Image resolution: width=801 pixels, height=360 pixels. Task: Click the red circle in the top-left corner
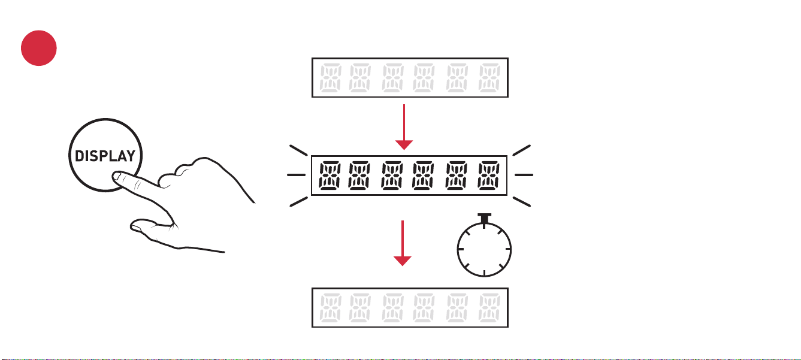point(38,48)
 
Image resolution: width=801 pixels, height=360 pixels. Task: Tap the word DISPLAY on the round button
point(105,156)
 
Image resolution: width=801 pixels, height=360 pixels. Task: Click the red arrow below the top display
point(404,127)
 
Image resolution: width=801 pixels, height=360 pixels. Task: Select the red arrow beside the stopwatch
point(403,243)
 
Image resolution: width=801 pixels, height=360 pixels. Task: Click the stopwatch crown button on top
point(484,219)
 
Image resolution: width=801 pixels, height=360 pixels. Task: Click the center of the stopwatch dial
point(484,250)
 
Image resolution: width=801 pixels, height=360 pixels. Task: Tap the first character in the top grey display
point(330,78)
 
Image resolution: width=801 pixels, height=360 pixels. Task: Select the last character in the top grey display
point(489,78)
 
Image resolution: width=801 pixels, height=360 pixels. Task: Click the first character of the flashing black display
point(330,176)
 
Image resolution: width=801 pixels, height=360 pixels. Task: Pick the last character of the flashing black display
point(488,176)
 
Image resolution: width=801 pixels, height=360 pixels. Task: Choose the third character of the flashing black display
point(392,176)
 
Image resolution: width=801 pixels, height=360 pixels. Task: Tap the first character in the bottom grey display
point(330,308)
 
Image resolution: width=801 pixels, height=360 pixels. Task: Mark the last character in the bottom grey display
point(489,308)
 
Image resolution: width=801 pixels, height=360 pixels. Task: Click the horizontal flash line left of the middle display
point(297,175)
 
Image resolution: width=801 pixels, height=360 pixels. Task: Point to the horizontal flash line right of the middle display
point(524,175)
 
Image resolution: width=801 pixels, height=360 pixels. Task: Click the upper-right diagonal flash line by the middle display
point(522,150)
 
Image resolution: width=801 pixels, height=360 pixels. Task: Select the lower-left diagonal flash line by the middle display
point(298,202)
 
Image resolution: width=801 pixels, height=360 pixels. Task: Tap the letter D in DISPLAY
point(79,156)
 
